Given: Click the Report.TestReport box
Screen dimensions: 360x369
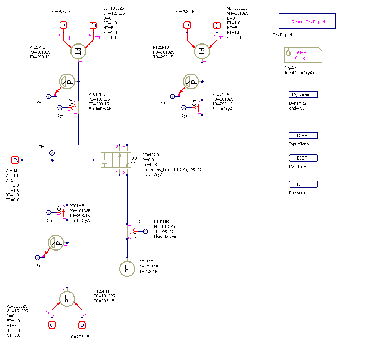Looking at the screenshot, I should tap(307, 22).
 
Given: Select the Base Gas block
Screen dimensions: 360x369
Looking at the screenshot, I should tap(303, 55).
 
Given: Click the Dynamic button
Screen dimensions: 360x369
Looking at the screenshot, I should tap(303, 94).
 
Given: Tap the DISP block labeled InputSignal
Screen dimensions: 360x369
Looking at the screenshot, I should tap(303, 136).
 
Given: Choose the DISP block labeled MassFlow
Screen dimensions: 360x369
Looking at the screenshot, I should tap(303, 158).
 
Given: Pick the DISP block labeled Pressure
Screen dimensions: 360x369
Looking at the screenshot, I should tap(303, 184).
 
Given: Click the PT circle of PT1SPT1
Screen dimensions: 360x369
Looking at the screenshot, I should tap(127, 268).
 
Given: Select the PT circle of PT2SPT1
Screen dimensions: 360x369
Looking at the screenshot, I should tap(67, 298).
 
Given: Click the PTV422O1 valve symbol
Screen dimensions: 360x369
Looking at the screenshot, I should tap(116, 160).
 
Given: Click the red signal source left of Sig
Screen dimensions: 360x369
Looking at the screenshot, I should tap(15, 160).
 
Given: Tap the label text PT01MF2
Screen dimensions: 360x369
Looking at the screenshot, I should tap(162, 222).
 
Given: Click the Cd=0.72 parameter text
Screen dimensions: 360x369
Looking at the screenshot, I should tap(151, 165).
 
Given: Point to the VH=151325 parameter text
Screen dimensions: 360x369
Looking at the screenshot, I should tap(17, 311).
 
